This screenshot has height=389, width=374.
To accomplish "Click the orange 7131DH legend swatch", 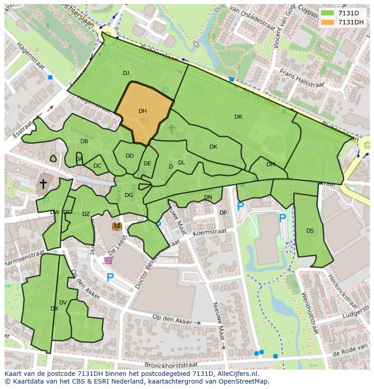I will (328, 23).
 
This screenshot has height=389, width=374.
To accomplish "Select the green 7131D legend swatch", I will (328, 13).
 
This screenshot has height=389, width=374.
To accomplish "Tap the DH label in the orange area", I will (143, 111).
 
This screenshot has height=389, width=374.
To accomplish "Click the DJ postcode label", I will (126, 73).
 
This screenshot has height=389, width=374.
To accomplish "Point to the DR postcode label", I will (238, 117).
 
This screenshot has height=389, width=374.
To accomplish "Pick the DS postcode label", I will (310, 231).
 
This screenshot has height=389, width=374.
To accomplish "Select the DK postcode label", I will (213, 147).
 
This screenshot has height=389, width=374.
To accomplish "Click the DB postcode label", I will (84, 141).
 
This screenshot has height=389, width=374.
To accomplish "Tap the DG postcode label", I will (129, 195).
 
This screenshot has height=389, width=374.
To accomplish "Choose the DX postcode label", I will (54, 309).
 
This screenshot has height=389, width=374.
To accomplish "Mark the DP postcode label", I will (223, 213).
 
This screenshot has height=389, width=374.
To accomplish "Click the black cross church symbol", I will (43, 184).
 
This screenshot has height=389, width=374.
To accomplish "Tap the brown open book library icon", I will (117, 225).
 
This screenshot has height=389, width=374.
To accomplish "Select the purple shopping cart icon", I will (108, 260).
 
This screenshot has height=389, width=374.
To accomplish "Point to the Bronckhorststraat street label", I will (171, 364).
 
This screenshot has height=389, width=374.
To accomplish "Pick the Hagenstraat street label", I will (32, 56).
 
